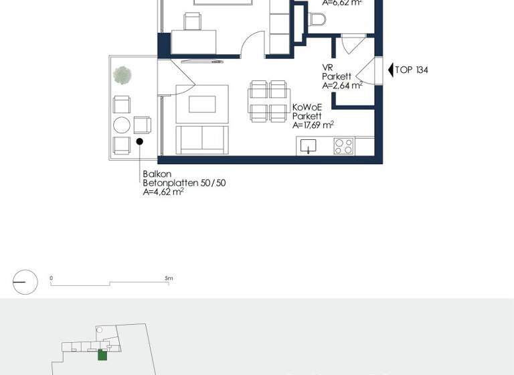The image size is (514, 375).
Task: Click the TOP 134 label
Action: [412, 70]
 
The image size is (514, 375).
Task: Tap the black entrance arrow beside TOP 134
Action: [391, 70]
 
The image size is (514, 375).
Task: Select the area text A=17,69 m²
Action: [313, 125]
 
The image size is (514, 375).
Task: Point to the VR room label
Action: [327, 68]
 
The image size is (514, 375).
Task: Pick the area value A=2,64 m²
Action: [342, 85]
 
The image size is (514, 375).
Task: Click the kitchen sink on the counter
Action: [309, 145]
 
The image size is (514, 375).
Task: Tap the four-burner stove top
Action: [343, 145]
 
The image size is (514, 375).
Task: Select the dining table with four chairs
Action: [268, 101]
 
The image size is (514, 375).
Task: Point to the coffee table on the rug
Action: [202, 104]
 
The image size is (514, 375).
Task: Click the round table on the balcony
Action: [121, 125]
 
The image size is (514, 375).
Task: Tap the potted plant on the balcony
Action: [122, 75]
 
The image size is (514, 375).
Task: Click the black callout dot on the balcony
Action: [139, 141]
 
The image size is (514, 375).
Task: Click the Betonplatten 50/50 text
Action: [184, 183]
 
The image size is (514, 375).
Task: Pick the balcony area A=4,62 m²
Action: [163, 192]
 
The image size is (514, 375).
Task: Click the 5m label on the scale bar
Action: [169, 278]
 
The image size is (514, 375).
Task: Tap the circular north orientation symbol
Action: [25, 282]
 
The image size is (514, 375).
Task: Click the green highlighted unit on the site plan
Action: [102, 355]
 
